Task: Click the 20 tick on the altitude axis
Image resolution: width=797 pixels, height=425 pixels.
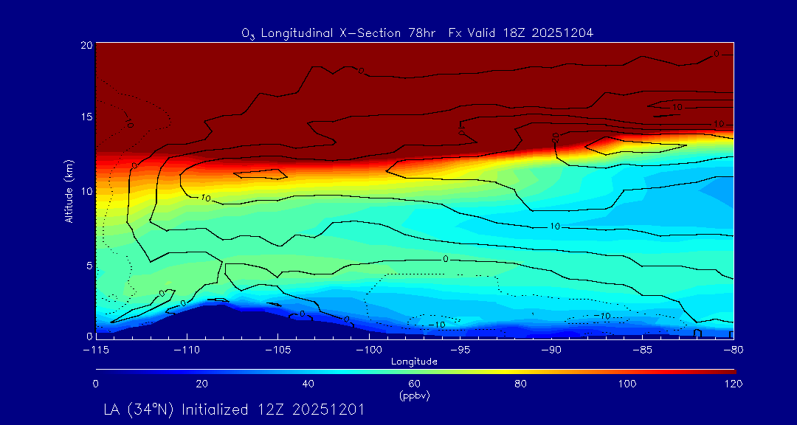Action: pos(86,45)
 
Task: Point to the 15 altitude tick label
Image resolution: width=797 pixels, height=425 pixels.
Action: pos(86,117)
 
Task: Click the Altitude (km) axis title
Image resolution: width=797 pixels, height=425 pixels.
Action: pos(69,190)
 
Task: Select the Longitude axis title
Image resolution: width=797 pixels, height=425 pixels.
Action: pos(414,362)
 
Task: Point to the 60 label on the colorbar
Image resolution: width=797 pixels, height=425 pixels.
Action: pos(414,384)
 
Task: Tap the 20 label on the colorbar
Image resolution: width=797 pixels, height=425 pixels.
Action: pos(201,384)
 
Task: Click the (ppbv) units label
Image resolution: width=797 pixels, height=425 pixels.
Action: pos(414,395)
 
